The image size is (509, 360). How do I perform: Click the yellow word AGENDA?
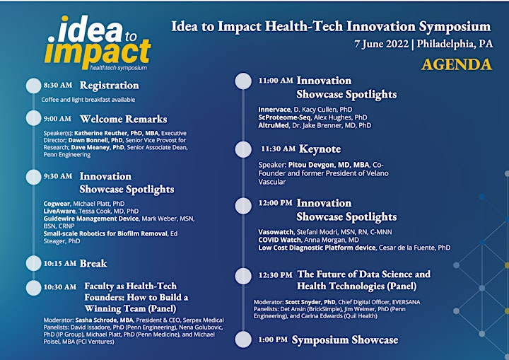coord(457,64)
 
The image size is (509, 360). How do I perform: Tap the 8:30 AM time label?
coord(58,85)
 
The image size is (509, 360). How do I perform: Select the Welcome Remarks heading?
coord(123,119)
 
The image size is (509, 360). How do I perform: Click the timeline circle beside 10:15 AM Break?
coord(33,263)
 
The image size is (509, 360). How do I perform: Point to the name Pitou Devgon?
coord(311,165)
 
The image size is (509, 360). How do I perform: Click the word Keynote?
coord(320,149)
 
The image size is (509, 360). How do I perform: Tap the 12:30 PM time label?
coord(275,275)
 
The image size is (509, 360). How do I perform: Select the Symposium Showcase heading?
coord(345,340)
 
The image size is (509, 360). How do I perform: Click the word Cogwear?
coord(57,204)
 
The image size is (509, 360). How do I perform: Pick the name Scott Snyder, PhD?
coord(310,302)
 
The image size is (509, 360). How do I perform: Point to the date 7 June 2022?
coord(381,44)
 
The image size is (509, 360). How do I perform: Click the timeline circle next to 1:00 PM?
coord(243,339)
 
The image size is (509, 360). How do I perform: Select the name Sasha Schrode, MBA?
coord(104,320)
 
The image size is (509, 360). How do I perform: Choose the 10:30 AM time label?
coord(60,287)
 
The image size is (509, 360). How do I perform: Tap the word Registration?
coord(110,85)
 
